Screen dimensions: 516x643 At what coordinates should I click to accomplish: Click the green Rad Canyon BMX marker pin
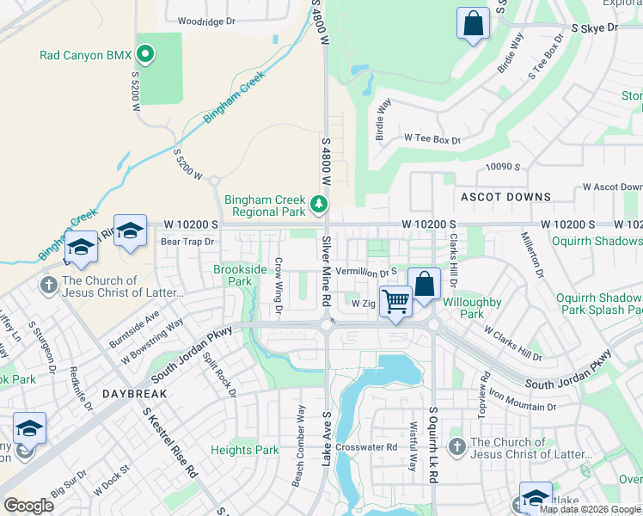pyautogui.click(x=145, y=56)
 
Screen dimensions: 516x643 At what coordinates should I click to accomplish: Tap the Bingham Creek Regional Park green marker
pyautogui.click(x=319, y=205)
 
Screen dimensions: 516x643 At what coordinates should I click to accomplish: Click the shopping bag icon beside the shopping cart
pyautogui.click(x=425, y=284)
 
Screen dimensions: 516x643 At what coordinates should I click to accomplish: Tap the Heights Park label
pyautogui.click(x=245, y=450)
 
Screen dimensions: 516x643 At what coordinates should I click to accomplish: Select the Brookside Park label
pyautogui.click(x=233, y=275)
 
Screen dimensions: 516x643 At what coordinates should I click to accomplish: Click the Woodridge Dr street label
pyautogui.click(x=205, y=21)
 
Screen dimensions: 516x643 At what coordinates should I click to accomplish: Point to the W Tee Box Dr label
pyautogui.click(x=432, y=138)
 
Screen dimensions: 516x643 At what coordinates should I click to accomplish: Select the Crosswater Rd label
pyautogui.click(x=366, y=447)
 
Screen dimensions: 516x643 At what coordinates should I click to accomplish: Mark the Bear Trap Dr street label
pyautogui.click(x=187, y=242)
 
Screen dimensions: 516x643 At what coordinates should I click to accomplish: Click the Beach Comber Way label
pyautogui.click(x=298, y=458)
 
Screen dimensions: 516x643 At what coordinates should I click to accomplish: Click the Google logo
pyautogui.click(x=28, y=506)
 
